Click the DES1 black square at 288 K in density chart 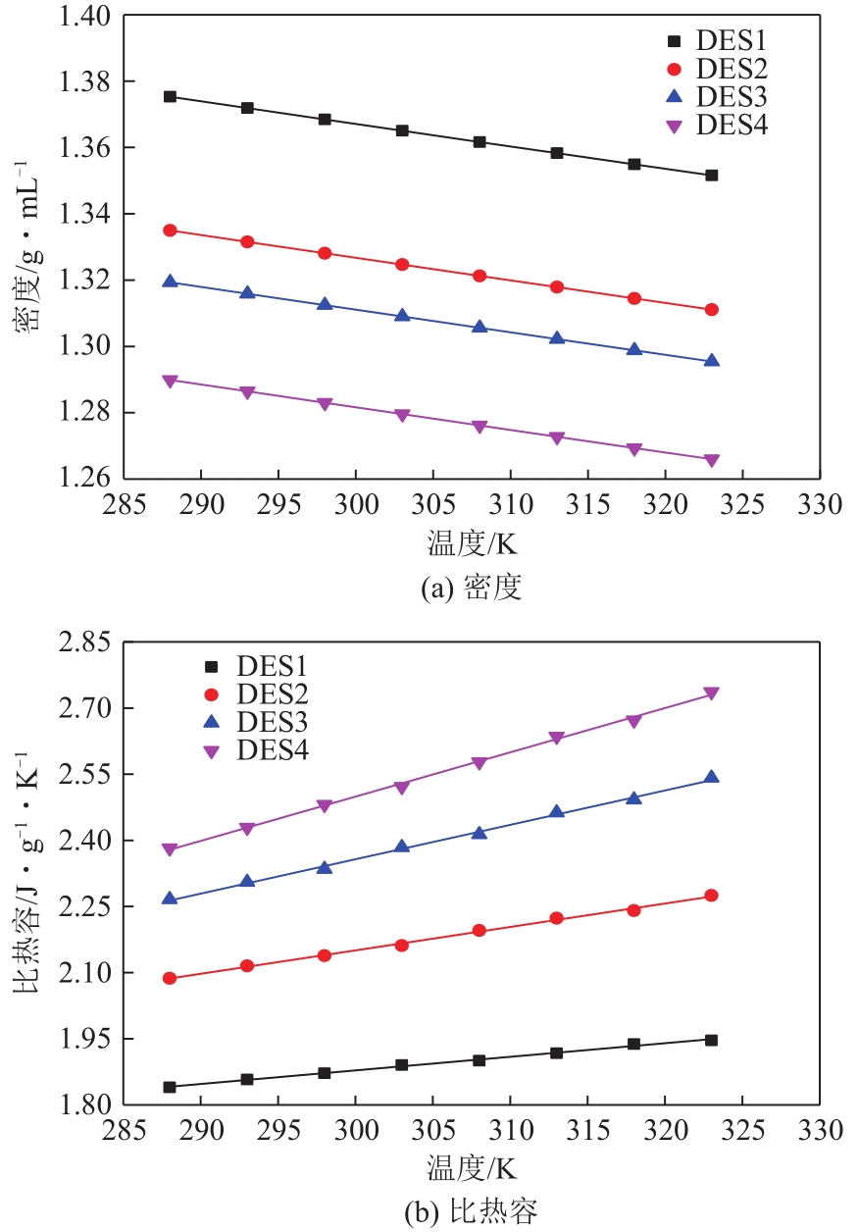click(x=170, y=96)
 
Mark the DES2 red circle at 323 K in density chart click(x=711, y=310)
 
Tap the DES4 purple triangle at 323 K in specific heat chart click(x=711, y=693)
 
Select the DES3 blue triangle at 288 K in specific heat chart click(x=170, y=898)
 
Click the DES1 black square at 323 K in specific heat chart click(x=711, y=1040)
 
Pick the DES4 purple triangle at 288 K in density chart click(x=170, y=381)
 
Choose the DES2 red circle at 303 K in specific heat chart click(x=401, y=945)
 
